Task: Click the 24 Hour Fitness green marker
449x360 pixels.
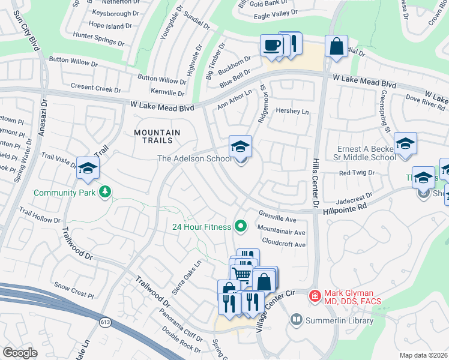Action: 241,226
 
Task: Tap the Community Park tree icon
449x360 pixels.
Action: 106,192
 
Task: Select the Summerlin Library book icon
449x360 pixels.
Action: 296,320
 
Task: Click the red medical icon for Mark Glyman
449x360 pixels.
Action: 314,295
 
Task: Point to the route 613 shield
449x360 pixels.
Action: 106,323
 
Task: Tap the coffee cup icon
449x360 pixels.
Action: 271,45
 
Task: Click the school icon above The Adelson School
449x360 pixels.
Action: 240,146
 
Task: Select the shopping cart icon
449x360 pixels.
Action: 241,274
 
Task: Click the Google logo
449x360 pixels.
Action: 20,352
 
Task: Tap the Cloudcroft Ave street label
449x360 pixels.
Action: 281,245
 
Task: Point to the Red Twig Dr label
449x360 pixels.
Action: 357,173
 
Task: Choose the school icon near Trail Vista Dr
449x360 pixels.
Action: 88,168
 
